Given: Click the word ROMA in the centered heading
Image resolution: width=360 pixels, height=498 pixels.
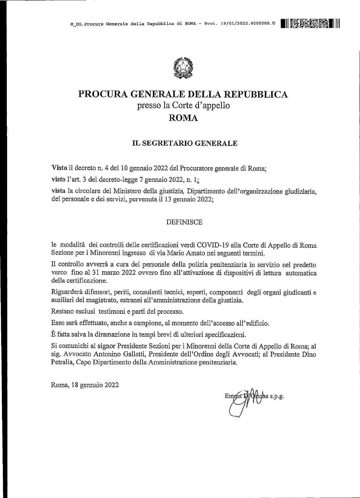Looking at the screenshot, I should tap(183, 118).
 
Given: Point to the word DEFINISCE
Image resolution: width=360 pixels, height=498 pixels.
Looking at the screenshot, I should tap(184, 222).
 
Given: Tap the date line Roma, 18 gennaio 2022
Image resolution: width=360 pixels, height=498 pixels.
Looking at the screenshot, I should tap(85, 385).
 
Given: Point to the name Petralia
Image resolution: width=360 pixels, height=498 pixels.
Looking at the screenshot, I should tap(63, 363).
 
